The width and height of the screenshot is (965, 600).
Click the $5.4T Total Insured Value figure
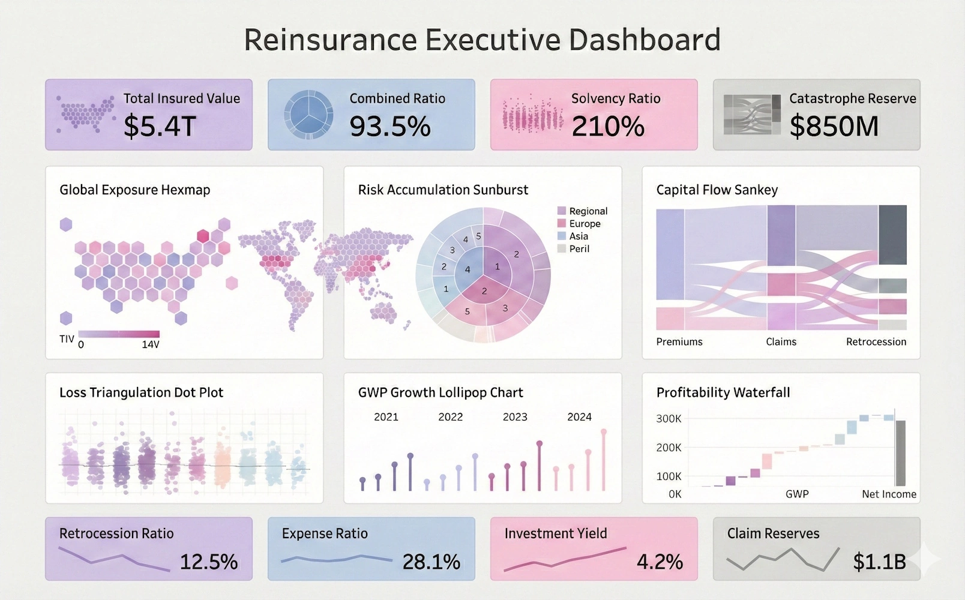(x=160, y=126)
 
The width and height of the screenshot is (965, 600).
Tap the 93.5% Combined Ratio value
(x=390, y=126)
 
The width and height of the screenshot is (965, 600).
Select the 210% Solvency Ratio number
(x=607, y=126)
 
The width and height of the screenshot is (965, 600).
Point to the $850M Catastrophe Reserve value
(x=834, y=126)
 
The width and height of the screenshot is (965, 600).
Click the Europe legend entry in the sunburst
(x=584, y=224)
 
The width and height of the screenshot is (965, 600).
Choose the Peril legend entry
(x=579, y=249)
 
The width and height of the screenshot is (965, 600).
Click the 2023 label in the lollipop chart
(x=515, y=417)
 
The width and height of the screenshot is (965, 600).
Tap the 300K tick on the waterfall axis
(x=669, y=419)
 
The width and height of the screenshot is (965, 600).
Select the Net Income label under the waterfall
(x=889, y=494)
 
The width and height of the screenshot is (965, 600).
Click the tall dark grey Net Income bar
(x=900, y=453)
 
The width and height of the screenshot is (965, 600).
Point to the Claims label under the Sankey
(x=781, y=342)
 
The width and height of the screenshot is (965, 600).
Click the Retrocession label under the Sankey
(x=876, y=342)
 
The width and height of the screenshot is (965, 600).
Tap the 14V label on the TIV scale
(x=150, y=345)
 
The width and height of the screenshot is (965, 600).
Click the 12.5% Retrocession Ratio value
(x=209, y=562)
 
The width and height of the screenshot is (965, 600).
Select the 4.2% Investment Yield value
(x=660, y=562)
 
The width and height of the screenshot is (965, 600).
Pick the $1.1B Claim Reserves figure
(x=879, y=562)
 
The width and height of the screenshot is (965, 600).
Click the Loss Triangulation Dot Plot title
(x=141, y=393)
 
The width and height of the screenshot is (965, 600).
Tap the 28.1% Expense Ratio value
(x=431, y=562)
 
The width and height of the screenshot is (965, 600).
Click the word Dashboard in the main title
(x=645, y=40)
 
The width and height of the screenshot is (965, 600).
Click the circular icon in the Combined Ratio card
(x=308, y=115)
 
